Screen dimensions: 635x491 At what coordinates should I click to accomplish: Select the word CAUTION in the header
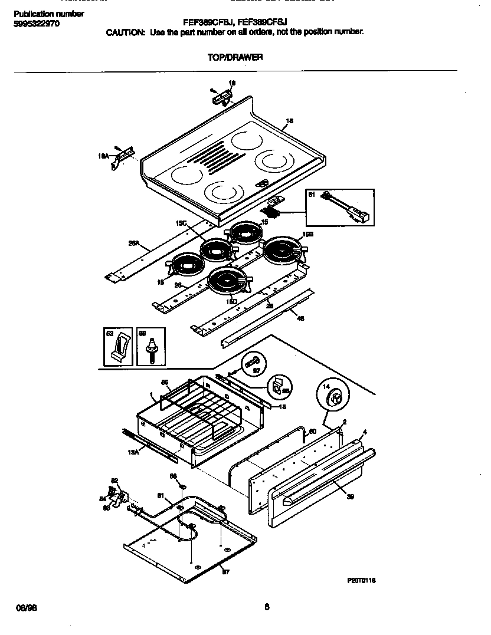tap(125, 32)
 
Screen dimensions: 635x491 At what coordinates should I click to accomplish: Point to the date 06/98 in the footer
tap(22, 607)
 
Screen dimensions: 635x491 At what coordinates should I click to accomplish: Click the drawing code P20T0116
tap(361, 581)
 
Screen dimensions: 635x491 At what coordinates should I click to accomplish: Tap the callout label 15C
tap(181, 223)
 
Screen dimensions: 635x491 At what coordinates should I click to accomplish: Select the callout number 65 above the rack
tap(165, 382)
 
